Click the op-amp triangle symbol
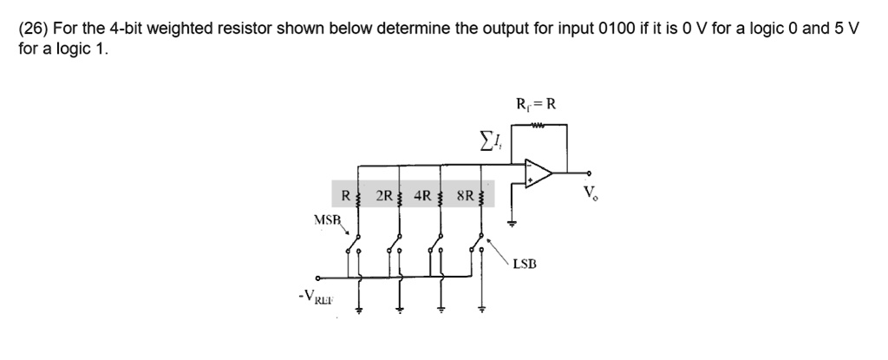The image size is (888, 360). click(538, 173)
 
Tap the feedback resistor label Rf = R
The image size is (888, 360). click(535, 105)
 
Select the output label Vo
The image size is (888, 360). click(591, 193)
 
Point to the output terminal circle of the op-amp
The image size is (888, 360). click(591, 173)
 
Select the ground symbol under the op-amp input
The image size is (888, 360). click(512, 223)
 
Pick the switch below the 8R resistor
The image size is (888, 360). click(478, 247)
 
